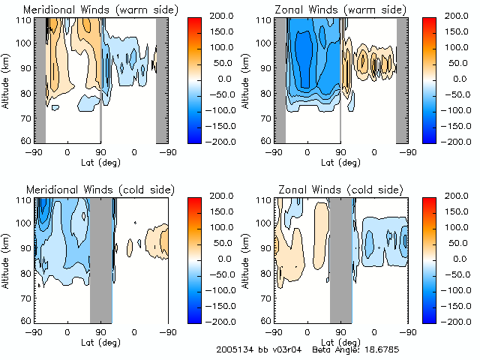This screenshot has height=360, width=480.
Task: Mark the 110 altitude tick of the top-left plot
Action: tap(25, 19)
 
